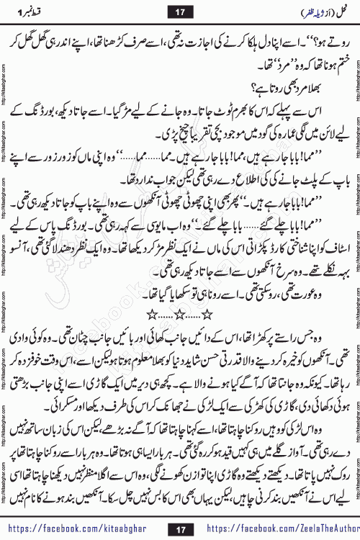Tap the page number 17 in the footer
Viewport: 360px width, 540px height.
click(180, 529)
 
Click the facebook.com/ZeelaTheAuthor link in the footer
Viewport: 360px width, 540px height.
click(277, 529)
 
